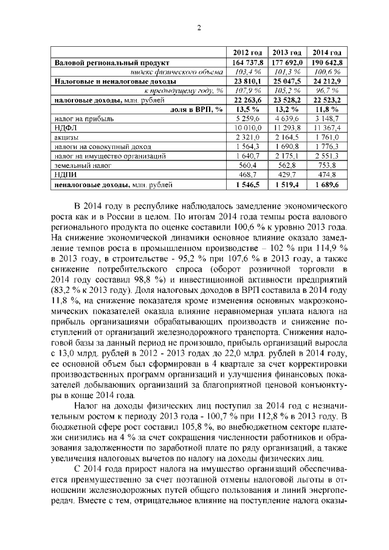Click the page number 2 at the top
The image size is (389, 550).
coord(199,26)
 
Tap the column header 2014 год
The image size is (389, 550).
coord(326,52)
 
